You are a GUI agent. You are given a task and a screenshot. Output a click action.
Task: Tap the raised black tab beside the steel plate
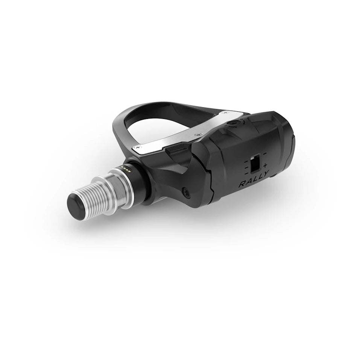point(177,150)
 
